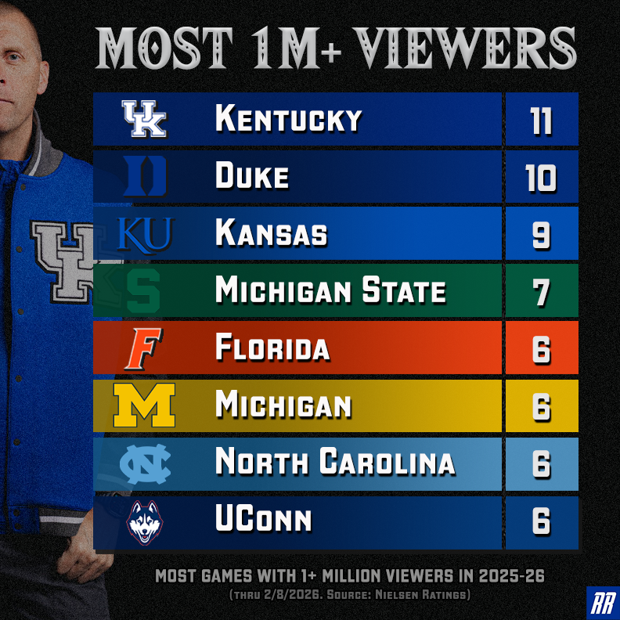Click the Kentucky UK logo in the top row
point(145,119)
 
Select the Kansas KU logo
point(144,234)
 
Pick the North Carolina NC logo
point(144,463)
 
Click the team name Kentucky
point(288,120)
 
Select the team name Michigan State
point(330,292)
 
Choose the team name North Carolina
point(335,463)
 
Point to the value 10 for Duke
point(541,178)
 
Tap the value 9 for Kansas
point(541,235)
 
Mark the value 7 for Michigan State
point(541,292)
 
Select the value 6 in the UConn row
point(541,521)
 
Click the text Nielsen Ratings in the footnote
point(434,595)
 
